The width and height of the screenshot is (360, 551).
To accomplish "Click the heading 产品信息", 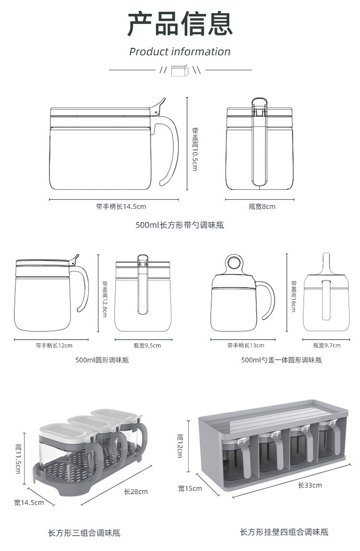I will pos(180,24).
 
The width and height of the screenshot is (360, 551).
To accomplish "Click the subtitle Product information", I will pos(180,51).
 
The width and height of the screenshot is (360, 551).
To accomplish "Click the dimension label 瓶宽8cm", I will pos(262,207).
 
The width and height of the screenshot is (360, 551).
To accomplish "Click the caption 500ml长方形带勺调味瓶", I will pos(180,225).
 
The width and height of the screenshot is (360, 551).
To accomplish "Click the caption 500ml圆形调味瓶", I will pos(102,360).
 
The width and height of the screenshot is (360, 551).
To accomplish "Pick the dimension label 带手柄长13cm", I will pos(246,345).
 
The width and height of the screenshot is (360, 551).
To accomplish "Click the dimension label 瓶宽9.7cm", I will pos(326,345).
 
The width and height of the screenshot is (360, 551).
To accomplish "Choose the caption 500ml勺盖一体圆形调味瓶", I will pos(281,360).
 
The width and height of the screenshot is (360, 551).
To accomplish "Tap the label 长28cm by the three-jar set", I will pos(136,491).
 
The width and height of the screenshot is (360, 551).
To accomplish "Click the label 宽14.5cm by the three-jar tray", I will pos(29,502).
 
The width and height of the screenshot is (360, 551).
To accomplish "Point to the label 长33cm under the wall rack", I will pos(310,485).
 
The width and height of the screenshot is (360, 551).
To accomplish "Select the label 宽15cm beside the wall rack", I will pos(190,489).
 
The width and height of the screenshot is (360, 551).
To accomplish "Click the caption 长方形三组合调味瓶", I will pos(84,533).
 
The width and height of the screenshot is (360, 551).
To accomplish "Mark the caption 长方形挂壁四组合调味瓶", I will pos(284,532).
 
